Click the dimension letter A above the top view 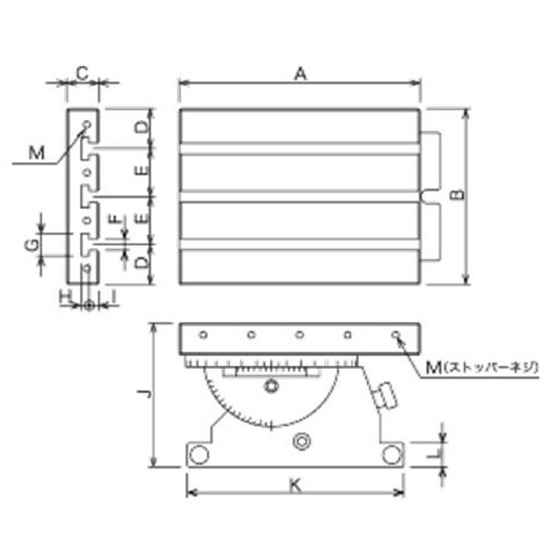coord(301,75)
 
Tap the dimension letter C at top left coord(82,74)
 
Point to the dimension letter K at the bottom coord(295,484)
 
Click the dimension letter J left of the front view coord(144,393)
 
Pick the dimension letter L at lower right coord(434,454)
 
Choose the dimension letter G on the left coord(33,245)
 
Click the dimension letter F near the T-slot coord(115,219)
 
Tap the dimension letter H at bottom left coord(65,296)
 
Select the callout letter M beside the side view coord(36,154)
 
